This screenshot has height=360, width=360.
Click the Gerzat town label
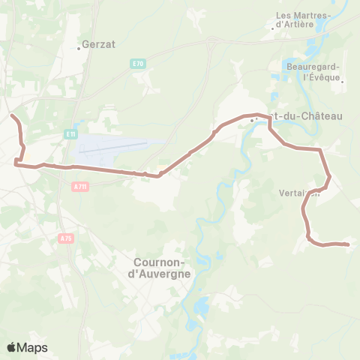99,44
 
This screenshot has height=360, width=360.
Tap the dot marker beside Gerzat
79,49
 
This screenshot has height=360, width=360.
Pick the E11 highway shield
70,133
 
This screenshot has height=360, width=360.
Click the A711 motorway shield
81,186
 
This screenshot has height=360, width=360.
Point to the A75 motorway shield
65,238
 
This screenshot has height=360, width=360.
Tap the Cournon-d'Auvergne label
161,268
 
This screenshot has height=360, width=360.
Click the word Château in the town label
320,115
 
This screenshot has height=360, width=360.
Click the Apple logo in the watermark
11,347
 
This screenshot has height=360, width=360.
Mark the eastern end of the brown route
349,244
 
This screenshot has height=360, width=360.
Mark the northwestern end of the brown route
11,115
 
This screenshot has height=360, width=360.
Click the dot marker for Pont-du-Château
253,118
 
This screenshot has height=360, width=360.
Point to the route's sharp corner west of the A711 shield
17,160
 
